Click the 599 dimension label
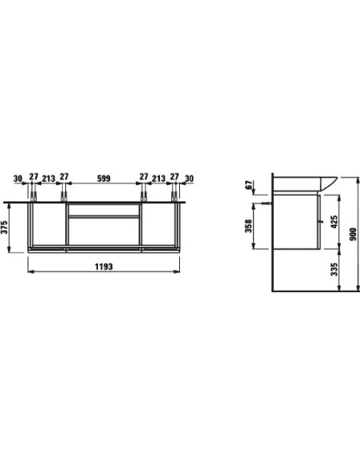pos(104,178)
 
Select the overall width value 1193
pos(104,267)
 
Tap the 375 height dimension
pos(4,227)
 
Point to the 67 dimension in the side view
pos(248,185)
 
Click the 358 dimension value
pos(248,225)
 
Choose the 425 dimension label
pos(334,221)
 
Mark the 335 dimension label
pos(335,269)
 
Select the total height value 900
pos(353,234)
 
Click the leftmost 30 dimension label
pos(18,178)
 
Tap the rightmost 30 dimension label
pos(190,178)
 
